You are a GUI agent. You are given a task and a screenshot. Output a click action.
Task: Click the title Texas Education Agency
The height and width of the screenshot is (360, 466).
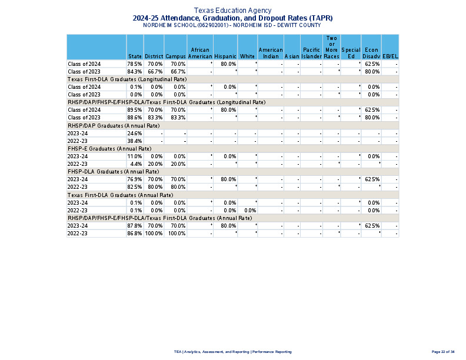coord(233,11)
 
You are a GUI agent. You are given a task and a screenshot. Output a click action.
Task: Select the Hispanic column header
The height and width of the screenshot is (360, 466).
coord(225,56)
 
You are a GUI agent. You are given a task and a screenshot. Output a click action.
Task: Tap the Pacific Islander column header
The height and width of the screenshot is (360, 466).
coord(311,53)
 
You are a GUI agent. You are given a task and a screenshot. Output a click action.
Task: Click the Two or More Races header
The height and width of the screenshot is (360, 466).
coord(331,47)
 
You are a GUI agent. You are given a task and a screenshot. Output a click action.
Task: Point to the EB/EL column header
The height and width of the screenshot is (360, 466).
coord(390,56)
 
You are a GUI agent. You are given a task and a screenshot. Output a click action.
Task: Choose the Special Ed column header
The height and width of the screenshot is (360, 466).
coord(351,53)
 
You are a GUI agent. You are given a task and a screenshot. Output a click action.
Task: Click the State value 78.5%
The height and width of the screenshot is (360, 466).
coord(135,64)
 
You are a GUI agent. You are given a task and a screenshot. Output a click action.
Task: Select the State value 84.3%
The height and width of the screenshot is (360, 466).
coord(135,71)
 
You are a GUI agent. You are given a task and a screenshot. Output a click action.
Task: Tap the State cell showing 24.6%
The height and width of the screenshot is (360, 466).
coord(135,134)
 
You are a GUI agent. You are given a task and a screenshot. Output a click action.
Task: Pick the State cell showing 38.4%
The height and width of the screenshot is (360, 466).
coord(135,141)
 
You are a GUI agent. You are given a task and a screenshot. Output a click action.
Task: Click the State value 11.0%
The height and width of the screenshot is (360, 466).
coord(135,156)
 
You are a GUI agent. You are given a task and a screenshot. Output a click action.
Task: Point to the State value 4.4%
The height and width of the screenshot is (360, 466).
coord(136,164)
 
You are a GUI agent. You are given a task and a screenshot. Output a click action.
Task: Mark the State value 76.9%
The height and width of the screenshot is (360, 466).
coord(135,179)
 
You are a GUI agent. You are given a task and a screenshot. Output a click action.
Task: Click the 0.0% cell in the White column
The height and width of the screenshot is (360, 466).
coord(249,210)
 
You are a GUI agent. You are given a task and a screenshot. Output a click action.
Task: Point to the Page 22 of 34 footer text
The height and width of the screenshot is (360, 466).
coord(443,352)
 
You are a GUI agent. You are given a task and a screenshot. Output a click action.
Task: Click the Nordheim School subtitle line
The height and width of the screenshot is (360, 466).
coord(233,26)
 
